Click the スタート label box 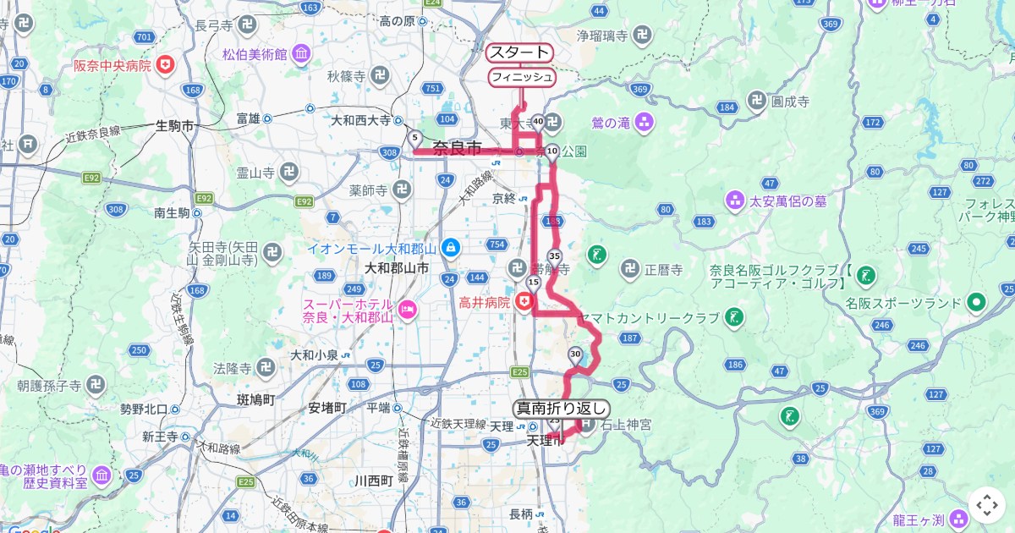519,52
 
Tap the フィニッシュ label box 522,77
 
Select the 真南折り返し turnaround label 562,408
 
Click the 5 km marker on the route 414,138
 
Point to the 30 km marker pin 576,354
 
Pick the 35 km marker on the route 554,256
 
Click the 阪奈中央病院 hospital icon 166,64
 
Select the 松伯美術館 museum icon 302,56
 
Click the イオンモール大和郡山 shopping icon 450,248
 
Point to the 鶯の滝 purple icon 645,123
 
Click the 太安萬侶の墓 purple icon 734,201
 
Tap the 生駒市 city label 175,126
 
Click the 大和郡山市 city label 396,268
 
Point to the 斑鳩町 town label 257,398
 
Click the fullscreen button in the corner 987,505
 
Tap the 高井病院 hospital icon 525,301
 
